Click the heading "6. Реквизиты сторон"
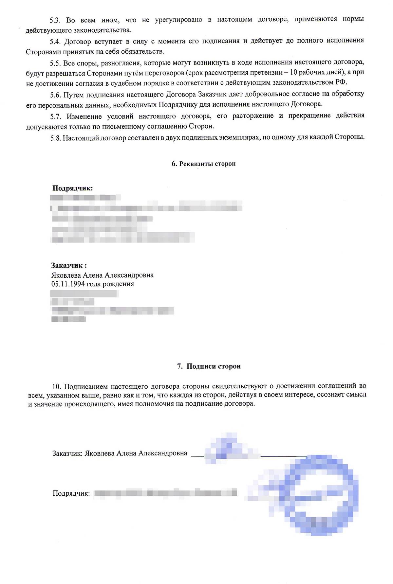pos(203,164)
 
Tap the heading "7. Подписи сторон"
pos(209,366)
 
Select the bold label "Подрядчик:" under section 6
pos(72,188)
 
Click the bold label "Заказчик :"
pos(69,265)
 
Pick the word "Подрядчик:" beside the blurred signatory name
pos(71,493)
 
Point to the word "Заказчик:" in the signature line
pos(67,453)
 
